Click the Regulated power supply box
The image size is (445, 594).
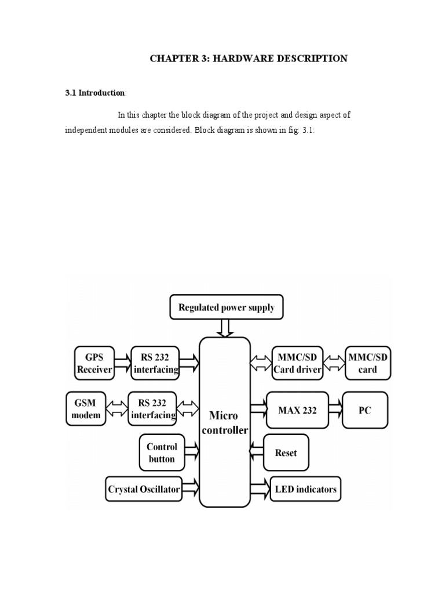pyautogui.click(x=227, y=307)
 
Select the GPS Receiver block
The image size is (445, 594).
pyautogui.click(x=94, y=363)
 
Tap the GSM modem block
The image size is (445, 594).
pyautogui.click(x=86, y=408)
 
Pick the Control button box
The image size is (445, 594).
pyautogui.click(x=162, y=452)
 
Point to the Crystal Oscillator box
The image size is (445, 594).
pyautogui.click(x=144, y=489)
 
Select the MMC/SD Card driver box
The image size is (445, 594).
pyautogui.click(x=297, y=363)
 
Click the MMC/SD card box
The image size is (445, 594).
pyautogui.click(x=367, y=363)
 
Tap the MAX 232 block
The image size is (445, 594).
pyautogui.click(x=297, y=411)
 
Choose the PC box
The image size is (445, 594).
pyautogui.click(x=364, y=411)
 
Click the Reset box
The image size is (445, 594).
pyautogui.click(x=286, y=452)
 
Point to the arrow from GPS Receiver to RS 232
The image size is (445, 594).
pyautogui.click(x=123, y=363)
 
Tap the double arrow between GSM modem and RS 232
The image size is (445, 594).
pyautogui.click(x=119, y=408)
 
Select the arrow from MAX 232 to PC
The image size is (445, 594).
pyautogui.click(x=335, y=411)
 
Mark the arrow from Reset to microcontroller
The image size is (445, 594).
pyautogui.click(x=256, y=452)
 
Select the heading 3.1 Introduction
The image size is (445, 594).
pyautogui.click(x=95, y=93)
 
